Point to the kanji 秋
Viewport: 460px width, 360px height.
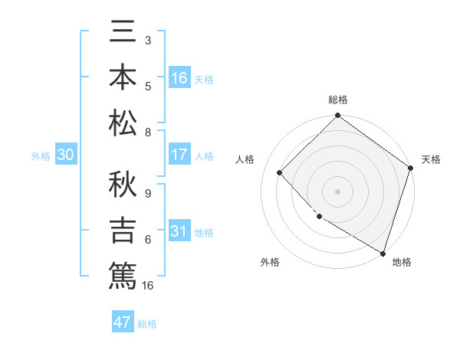pos(123,188)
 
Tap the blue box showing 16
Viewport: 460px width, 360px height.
pos(179,78)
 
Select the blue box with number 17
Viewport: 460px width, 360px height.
pos(179,155)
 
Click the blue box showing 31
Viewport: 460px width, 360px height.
pos(179,231)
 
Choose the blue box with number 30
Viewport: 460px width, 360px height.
pos(66,155)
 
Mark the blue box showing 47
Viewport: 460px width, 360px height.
pos(123,322)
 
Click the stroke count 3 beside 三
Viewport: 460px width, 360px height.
pos(147,39)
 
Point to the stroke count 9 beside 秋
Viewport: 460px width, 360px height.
pos(147,193)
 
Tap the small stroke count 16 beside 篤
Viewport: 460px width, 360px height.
pos(148,285)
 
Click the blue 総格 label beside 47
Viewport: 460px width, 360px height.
pos(147,324)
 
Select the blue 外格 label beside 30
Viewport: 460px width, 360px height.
pos(41,156)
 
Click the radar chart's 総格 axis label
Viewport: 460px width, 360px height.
pos(338,100)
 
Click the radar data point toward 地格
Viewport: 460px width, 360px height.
pos(383,252)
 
